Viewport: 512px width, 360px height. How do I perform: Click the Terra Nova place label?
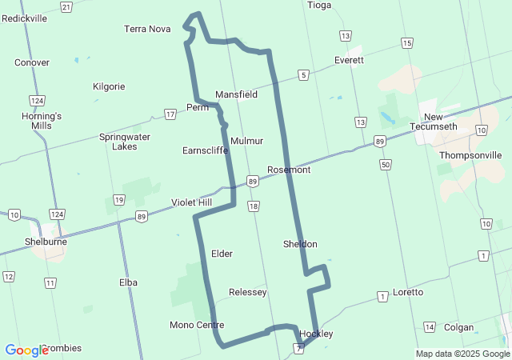pyautogui.click(x=147, y=29)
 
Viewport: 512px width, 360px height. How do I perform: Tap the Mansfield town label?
pyautogui.click(x=236, y=94)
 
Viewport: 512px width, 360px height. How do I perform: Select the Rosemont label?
pyautogui.click(x=289, y=170)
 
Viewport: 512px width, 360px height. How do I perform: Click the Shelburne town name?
pyautogui.click(x=46, y=241)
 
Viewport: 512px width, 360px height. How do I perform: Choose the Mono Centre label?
pyautogui.click(x=197, y=325)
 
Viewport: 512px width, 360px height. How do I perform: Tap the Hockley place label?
pyautogui.click(x=316, y=334)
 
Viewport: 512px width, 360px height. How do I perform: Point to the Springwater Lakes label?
pyautogui.click(x=124, y=142)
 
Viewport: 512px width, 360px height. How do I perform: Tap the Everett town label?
pyautogui.click(x=349, y=60)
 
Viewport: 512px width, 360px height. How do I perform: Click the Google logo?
pyautogui.click(x=26, y=350)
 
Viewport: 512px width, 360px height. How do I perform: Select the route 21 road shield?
pyautogui.click(x=66, y=7)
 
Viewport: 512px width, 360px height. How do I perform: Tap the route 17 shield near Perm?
pyautogui.click(x=170, y=114)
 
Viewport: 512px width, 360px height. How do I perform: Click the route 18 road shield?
pyautogui.click(x=254, y=206)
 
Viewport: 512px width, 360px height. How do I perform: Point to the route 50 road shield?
pyautogui.click(x=386, y=164)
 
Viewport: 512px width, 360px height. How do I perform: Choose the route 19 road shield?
pyautogui.click(x=119, y=199)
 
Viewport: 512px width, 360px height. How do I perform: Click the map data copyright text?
pyautogui.click(x=462, y=354)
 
